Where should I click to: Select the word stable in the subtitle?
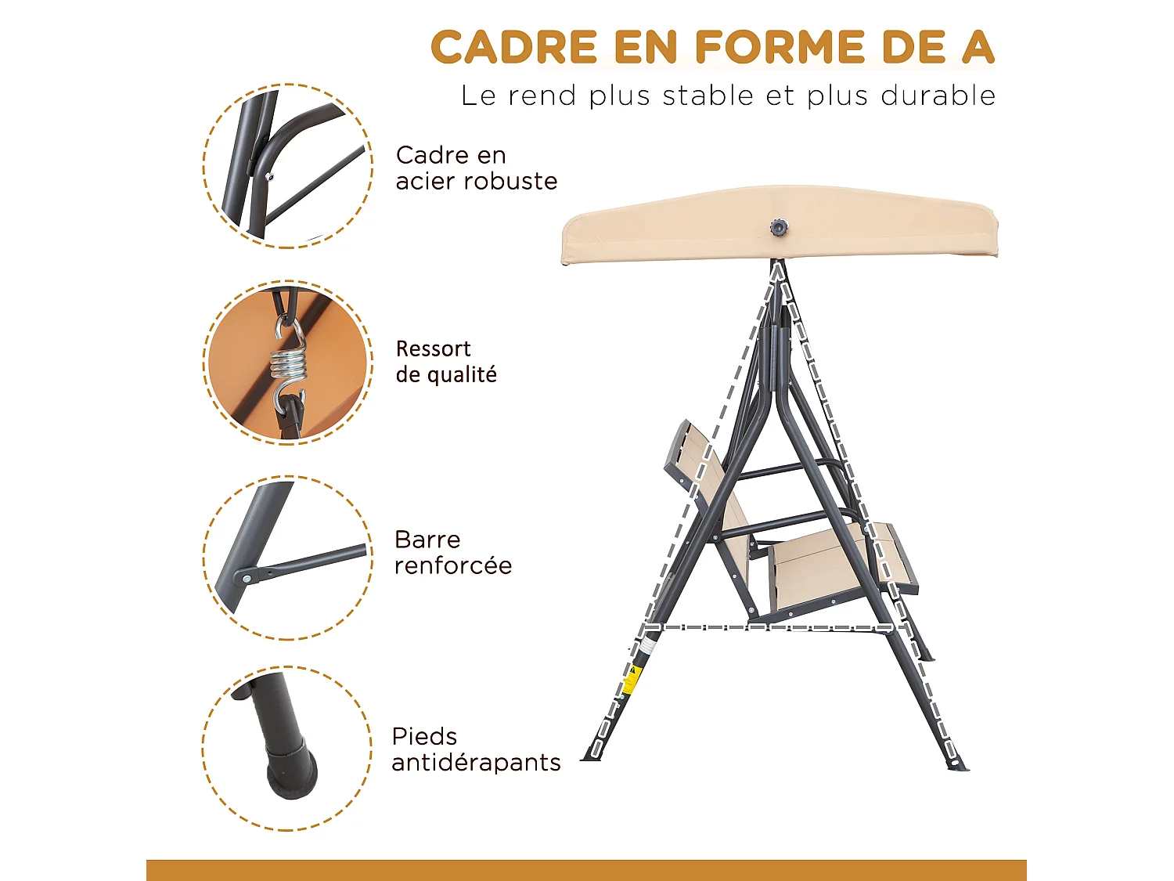pos(708,96)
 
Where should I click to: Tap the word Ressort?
pos(433,348)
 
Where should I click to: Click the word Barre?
pos(427,540)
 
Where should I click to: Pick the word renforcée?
pos(453,565)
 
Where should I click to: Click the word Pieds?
pos(424,736)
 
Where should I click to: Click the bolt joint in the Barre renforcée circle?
pos(247,578)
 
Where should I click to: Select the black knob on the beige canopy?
pos(778,228)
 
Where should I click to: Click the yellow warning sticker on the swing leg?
pos(630,680)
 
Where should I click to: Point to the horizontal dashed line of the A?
pos(767,627)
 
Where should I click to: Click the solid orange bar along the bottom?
pos(586,870)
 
